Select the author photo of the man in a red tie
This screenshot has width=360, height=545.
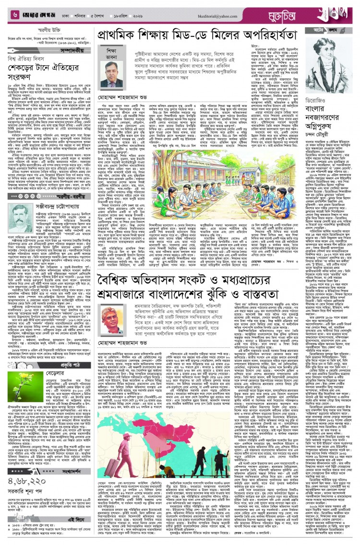[111, 73]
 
